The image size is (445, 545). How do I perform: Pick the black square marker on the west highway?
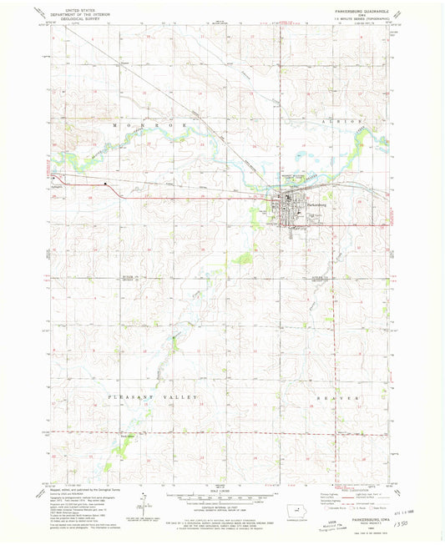click(105, 184)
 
